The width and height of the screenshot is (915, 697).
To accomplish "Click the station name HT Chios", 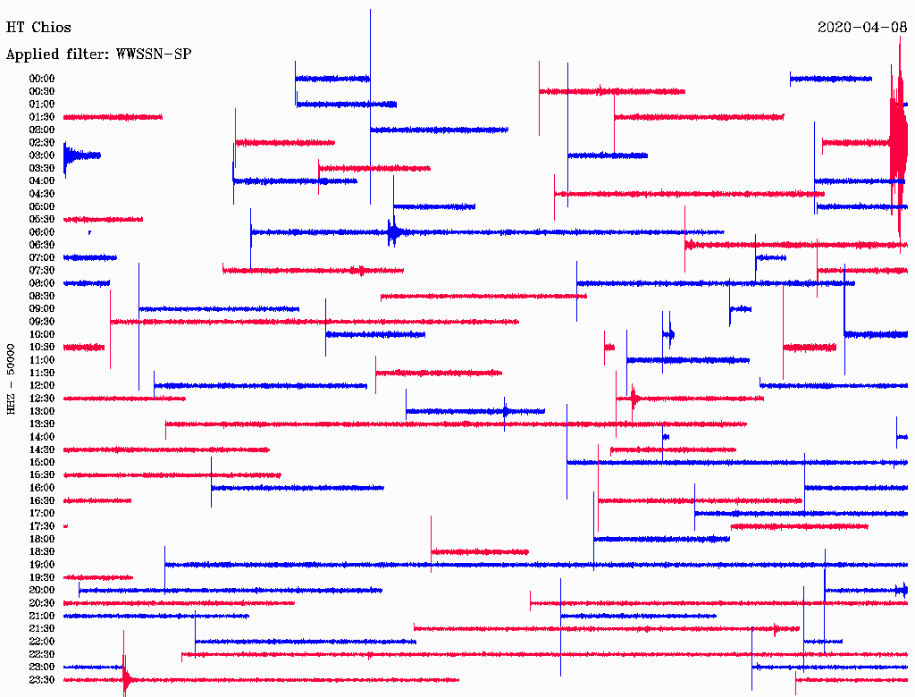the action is click(x=38, y=28).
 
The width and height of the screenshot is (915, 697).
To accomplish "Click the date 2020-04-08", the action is click(x=862, y=28).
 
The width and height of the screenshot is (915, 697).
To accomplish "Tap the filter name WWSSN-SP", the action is click(x=154, y=55).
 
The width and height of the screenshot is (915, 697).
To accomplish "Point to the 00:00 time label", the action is click(x=42, y=79).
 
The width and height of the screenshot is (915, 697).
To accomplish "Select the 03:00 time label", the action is click(x=42, y=155).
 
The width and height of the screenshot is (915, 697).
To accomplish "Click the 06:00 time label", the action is click(x=42, y=231).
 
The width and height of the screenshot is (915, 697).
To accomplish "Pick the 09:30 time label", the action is click(x=42, y=322).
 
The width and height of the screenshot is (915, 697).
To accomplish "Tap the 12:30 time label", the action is click(x=42, y=399).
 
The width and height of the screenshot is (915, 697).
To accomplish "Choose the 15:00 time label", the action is click(x=42, y=462).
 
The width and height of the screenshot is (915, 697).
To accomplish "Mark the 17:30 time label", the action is click(x=42, y=526).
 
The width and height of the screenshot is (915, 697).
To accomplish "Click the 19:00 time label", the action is click(x=42, y=565).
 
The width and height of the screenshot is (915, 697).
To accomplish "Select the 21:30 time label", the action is click(x=42, y=629).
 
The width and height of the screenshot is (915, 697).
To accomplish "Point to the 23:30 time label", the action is click(x=42, y=679).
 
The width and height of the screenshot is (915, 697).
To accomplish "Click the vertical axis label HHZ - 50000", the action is click(x=11, y=379).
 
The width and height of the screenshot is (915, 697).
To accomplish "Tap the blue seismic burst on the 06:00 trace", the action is click(x=394, y=232).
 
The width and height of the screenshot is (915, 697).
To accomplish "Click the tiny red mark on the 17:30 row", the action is click(x=65, y=526).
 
